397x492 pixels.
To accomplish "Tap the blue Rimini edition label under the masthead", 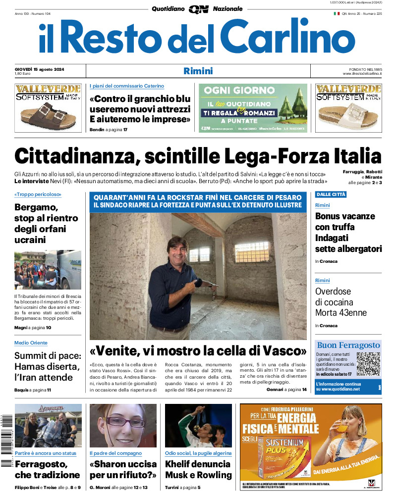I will click(198, 71).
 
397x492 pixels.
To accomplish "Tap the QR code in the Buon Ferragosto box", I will click(368, 364).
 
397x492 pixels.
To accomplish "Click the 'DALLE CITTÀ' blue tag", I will click(331, 195).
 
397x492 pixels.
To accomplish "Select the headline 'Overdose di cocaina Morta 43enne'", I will click(340, 302).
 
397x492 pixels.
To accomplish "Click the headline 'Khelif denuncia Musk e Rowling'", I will click(198, 469).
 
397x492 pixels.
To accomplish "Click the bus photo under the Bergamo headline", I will click(48, 270).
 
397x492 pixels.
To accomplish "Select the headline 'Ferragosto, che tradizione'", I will click(47, 469).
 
